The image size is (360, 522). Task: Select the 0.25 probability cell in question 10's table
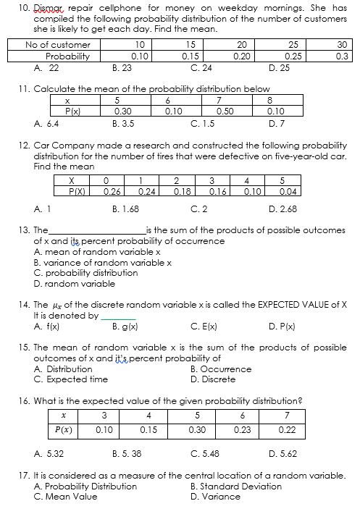[x=293, y=56]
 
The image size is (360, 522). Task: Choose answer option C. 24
[x=201, y=67]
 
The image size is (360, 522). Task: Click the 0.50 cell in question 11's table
[x=224, y=112]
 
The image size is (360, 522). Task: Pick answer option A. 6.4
[x=46, y=123]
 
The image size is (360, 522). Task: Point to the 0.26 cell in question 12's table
[x=112, y=191]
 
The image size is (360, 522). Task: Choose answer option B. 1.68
[x=126, y=210]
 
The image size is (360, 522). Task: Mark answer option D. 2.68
[x=282, y=210]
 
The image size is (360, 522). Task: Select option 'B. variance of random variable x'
[x=103, y=262]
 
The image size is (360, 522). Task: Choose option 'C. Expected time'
[x=71, y=379]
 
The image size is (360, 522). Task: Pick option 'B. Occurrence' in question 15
[x=221, y=369]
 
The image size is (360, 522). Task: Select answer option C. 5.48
[x=205, y=455]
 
